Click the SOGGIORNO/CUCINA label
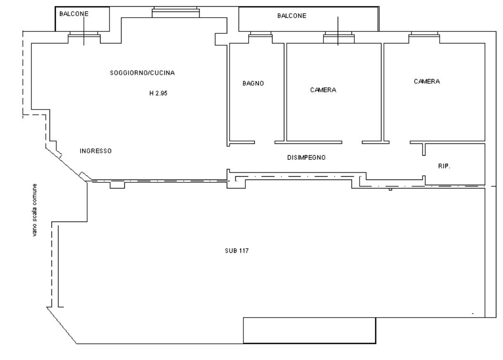pyautogui.click(x=142, y=73)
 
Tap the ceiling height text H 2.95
pyautogui.click(x=158, y=93)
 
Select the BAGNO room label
pyautogui.click(x=253, y=83)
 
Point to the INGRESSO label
pyautogui.click(x=96, y=151)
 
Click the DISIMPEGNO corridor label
pyautogui.click(x=306, y=158)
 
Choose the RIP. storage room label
pyautogui.click(x=444, y=166)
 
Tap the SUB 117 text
pyautogui.click(x=237, y=250)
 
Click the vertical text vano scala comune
pyautogui.click(x=35, y=210)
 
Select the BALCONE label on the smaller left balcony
pyautogui.click(x=74, y=14)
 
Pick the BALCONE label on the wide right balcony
pyautogui.click(x=292, y=16)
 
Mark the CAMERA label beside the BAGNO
pyautogui.click(x=323, y=90)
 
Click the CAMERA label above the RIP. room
pyautogui.click(x=427, y=81)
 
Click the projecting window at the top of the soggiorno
pyautogui.click(x=175, y=12)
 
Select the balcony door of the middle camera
pyautogui.click(x=339, y=37)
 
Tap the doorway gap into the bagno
pyautogui.click(x=265, y=142)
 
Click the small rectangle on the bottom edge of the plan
pyautogui.click(x=309, y=330)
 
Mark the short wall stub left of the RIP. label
pyautogui.click(x=424, y=150)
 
